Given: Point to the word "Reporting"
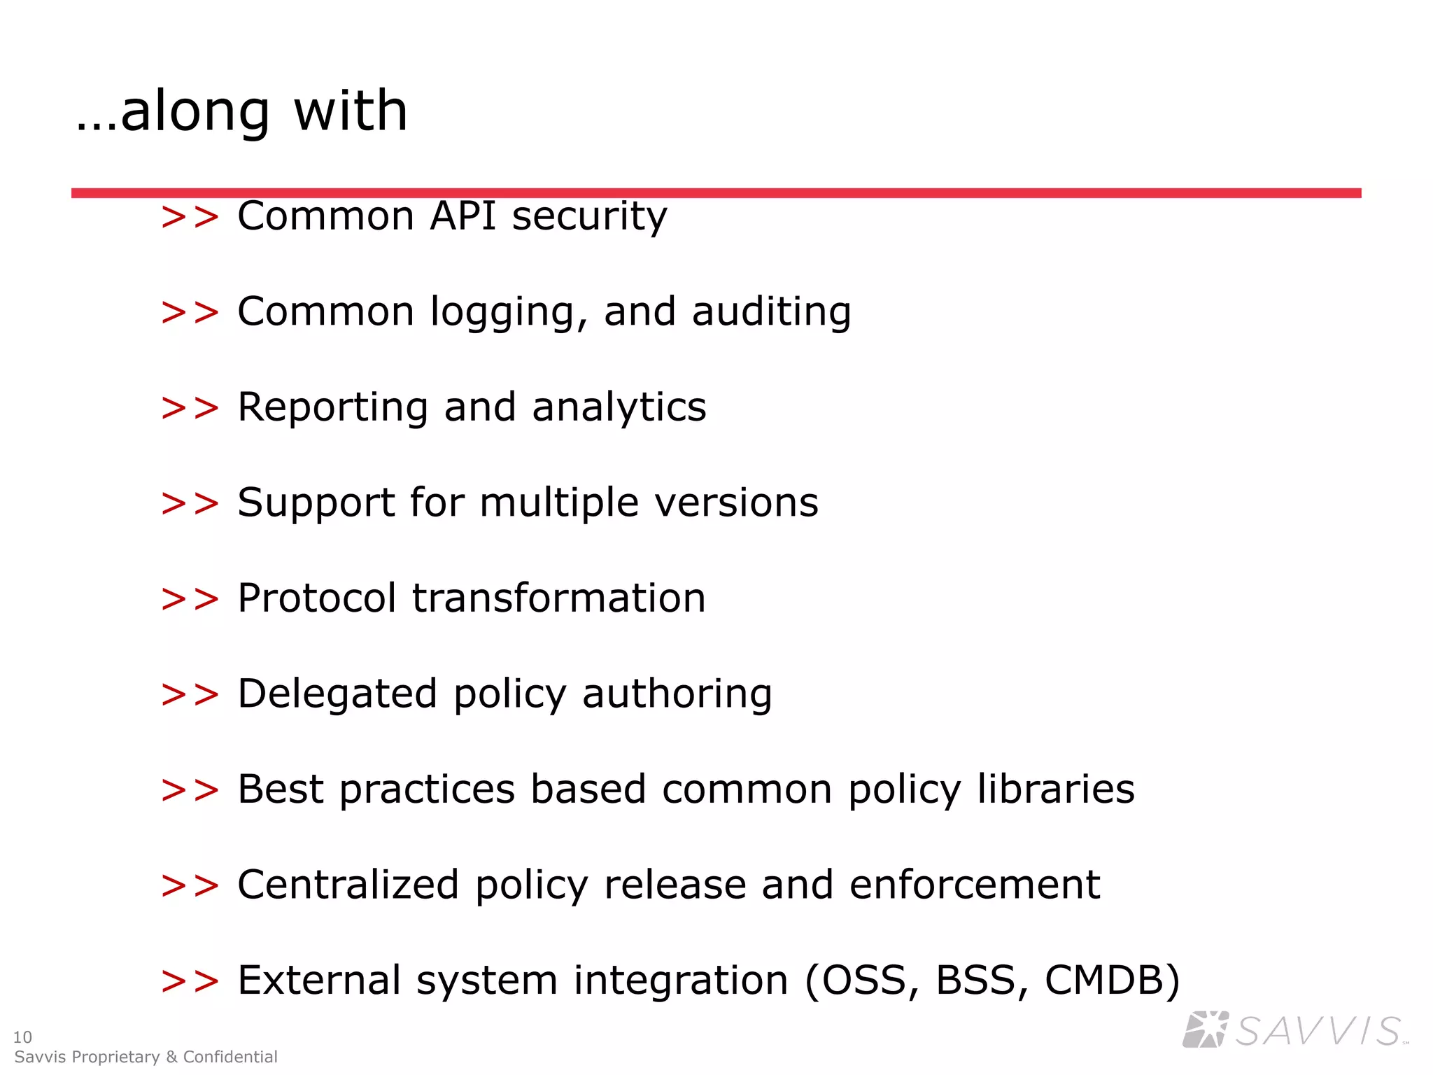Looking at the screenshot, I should click(332, 407).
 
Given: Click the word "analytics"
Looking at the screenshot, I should click(619, 407).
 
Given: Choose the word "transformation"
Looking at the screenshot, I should click(559, 598).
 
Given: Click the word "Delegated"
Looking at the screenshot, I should click(337, 694).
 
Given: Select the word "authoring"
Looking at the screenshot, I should click(677, 694).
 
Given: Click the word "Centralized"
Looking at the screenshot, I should click(348, 885).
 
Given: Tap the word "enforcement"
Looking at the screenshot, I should click(975, 885).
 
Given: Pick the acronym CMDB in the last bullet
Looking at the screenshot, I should click(1112, 981).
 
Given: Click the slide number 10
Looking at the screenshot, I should click(22, 1037).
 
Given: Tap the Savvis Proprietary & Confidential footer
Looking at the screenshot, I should click(146, 1057).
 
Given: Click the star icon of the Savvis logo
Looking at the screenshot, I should click(1205, 1030).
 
